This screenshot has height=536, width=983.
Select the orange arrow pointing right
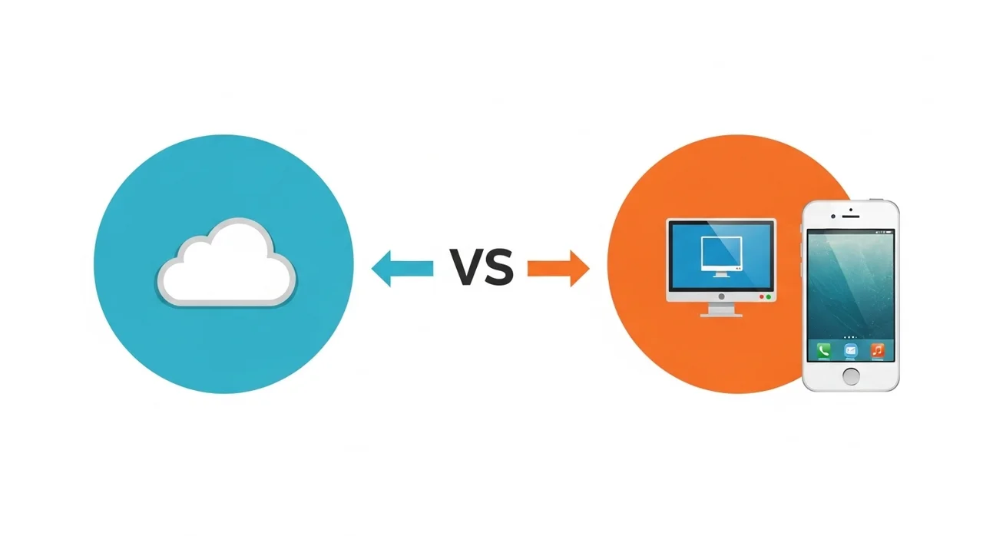(x=559, y=268)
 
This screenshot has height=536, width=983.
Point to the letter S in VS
(x=498, y=268)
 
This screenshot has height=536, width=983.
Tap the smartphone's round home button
(x=851, y=376)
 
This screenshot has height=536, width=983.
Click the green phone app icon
(x=824, y=350)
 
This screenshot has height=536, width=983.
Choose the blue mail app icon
(x=851, y=350)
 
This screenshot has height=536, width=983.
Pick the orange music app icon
(x=877, y=350)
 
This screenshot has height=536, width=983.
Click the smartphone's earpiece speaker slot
(x=851, y=217)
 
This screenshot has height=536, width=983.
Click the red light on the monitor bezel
(x=761, y=296)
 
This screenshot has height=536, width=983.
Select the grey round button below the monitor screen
(x=721, y=296)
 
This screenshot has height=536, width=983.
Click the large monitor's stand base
(x=721, y=313)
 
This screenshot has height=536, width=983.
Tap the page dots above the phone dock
(x=851, y=336)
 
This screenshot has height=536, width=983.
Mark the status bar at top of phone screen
(x=851, y=231)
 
